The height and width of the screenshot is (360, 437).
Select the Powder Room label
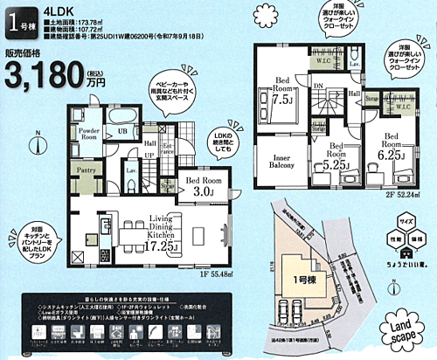click(89, 133)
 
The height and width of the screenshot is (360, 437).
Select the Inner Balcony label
click(276, 162)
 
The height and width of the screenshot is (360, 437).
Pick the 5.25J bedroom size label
click(336, 163)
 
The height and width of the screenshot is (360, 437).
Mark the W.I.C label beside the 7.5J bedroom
click(323, 60)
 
